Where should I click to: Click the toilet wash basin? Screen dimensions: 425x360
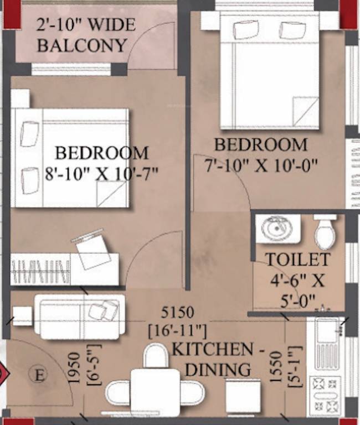coord(277,229)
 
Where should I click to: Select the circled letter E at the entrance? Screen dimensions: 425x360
coord(39,375)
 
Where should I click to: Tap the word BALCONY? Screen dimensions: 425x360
coord(82,45)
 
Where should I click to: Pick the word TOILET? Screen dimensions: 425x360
coord(297,260)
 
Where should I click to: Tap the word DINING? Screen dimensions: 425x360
coord(217,369)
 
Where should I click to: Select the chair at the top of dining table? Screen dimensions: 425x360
coord(156,356)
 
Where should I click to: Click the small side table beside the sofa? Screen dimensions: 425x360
coord(22,315)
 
